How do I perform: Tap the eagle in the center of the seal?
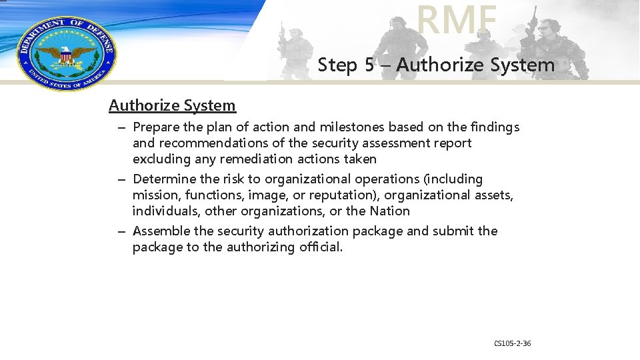[x=65, y=55]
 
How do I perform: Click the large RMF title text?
[x=457, y=19]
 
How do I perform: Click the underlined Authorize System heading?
[x=172, y=105]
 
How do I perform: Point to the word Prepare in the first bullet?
[x=157, y=127]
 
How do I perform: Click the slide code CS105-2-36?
[x=512, y=343]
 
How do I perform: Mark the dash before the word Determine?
[x=123, y=179]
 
